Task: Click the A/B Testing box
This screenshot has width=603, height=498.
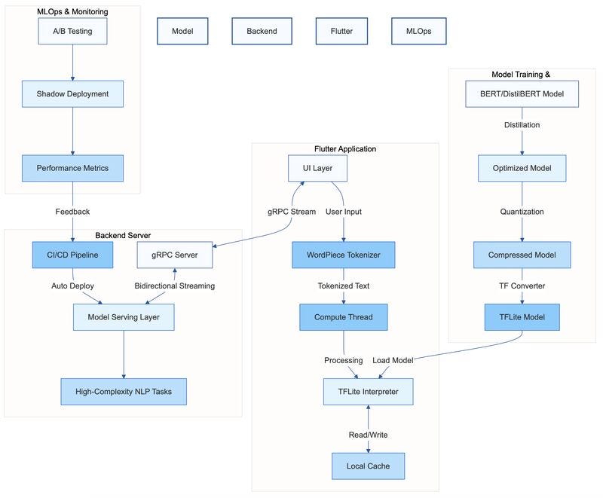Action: tap(72, 31)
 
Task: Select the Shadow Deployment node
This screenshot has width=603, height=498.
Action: tap(72, 94)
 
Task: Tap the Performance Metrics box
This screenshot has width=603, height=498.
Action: tap(72, 169)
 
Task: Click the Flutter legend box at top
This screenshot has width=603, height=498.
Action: tap(341, 32)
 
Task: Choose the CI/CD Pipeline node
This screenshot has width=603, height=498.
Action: tap(72, 255)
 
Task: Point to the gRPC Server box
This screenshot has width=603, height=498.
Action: tap(175, 255)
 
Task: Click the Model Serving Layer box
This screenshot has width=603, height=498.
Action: tap(124, 317)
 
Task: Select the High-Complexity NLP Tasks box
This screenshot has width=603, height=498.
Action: tap(124, 392)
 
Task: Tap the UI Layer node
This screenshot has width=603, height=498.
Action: tap(317, 169)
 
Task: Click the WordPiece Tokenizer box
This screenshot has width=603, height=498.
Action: tap(344, 255)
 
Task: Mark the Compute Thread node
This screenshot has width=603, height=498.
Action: tap(344, 317)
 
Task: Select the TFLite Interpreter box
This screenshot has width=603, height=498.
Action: tap(368, 392)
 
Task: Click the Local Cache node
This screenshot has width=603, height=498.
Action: tap(368, 466)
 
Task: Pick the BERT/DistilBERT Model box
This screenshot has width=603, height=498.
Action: tap(522, 94)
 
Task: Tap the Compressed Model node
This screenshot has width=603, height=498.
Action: tap(522, 255)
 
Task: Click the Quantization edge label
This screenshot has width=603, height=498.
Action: tap(522, 212)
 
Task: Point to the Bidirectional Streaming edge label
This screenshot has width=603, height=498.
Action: tap(175, 286)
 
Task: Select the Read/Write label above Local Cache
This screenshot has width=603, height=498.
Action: tap(368, 435)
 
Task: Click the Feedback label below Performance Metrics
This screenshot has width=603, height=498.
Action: tap(72, 212)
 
